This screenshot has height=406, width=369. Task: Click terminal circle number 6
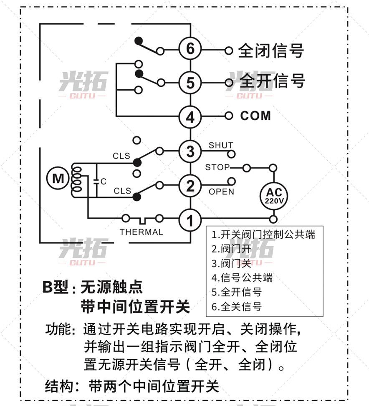pos(190,49)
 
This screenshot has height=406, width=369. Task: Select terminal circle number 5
pos(190,83)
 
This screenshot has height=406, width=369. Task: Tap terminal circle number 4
pos(190,117)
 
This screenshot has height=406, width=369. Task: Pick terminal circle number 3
pos(190,151)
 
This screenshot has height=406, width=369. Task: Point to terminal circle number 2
pos(190,186)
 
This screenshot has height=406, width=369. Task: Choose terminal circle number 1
pos(190,219)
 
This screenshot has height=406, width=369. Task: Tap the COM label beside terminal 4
pos(255,116)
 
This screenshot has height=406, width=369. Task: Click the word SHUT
pos(221,145)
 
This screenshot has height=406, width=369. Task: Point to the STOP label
pos(217,167)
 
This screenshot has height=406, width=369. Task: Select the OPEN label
pos(221,192)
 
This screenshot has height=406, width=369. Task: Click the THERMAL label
pos(142,232)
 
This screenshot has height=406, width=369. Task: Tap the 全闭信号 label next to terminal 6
pos(270,50)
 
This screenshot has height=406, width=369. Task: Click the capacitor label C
pos(104,182)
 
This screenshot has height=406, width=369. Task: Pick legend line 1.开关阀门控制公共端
pos(263,234)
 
